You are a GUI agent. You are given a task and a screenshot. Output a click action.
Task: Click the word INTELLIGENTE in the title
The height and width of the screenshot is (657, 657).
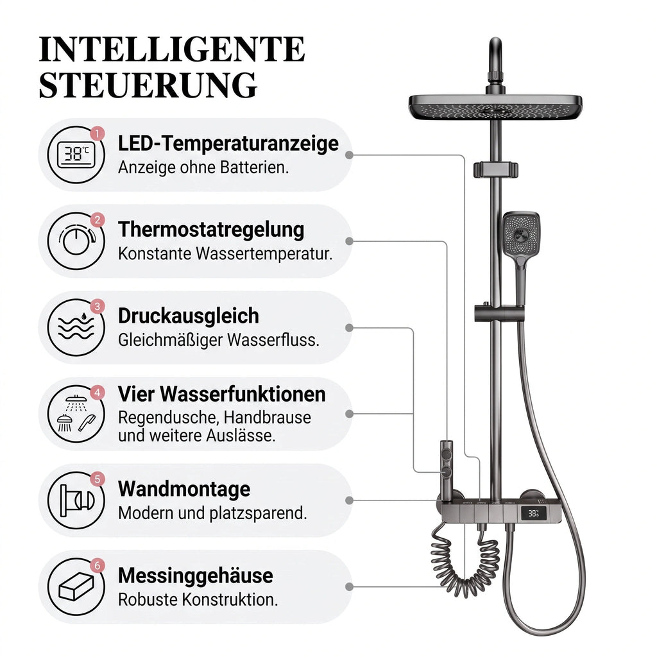tap(172, 49)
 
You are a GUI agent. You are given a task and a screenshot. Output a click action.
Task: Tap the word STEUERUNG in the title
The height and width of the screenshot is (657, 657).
tap(148, 85)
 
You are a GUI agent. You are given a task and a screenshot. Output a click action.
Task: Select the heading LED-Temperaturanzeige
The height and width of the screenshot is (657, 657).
tap(228, 143)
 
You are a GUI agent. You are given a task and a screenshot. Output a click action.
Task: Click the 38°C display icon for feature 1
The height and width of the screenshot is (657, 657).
tap(76, 155)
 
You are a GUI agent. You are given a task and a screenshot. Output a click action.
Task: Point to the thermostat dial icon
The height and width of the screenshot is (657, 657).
tap(77, 241)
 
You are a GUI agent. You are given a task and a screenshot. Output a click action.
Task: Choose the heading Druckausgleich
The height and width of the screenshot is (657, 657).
tap(189, 316)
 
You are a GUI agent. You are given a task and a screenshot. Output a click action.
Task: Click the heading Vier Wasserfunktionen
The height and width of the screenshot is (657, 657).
tap(221, 394)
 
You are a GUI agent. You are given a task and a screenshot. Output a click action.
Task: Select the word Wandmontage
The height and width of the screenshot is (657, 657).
tap(184, 488)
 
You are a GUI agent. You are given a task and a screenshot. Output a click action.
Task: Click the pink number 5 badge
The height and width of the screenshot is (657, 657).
tap(98, 479)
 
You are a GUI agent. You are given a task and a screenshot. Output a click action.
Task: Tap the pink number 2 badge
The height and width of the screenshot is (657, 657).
tap(98, 220)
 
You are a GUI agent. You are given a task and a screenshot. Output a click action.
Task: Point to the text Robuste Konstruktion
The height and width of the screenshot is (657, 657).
tap(198, 600)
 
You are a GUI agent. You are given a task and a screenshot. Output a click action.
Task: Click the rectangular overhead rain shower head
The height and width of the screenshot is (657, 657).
tap(495, 107)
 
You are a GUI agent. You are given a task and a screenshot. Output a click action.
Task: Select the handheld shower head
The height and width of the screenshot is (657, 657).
tap(521, 243)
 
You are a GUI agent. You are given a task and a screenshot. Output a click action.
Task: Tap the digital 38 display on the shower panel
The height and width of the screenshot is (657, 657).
tap(533, 513)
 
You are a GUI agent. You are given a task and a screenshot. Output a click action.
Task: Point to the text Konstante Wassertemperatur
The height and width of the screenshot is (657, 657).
tap(225, 253)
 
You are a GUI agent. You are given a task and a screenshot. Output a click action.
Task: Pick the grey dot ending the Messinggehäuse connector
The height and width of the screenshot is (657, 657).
tap(349, 587)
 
